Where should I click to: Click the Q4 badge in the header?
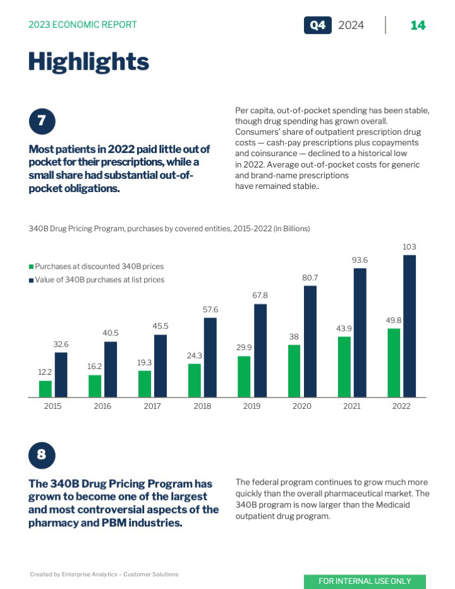pos(317,25)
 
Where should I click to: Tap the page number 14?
pos(418,25)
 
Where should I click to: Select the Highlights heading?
pos(88,62)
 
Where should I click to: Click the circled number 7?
pos(42,121)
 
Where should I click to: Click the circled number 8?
pos(42,455)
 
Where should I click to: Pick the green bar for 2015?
pos(45,389)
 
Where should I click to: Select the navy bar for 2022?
pos(409,326)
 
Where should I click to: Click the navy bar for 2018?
pos(210,357)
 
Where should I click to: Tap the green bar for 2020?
pos(294,371)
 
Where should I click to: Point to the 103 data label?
pos(409,246)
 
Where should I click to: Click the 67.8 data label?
pos(260,295)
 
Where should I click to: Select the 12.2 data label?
pos(45,372)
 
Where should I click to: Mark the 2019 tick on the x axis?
pos(252,406)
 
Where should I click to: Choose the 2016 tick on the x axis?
pos(102,406)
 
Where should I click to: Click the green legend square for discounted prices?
pos(31,267)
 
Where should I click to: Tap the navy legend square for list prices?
pos(31,279)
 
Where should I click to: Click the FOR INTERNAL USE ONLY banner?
pos(365,581)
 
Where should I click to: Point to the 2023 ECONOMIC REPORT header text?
pos(83,25)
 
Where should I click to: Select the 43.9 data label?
pos(344,328)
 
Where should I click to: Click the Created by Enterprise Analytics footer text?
pos(104,574)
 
